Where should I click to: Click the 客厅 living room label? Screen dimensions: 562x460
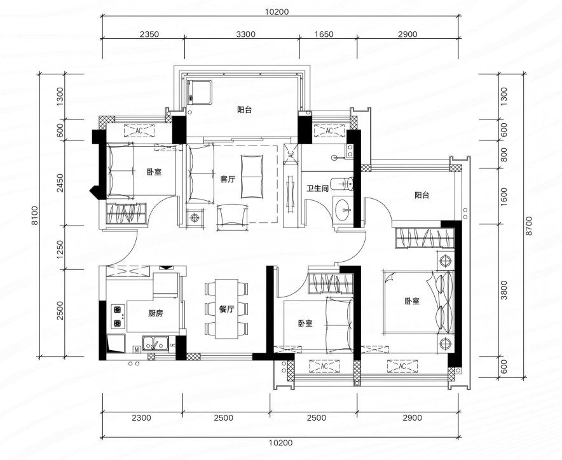tap(228, 179)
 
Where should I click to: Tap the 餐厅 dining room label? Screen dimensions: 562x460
tap(226, 309)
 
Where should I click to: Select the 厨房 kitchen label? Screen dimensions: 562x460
tap(156, 313)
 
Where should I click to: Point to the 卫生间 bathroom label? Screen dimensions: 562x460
tap(318, 188)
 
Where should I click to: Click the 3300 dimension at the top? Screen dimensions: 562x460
tap(246, 34)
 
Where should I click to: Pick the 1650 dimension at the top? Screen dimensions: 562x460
tap(324, 34)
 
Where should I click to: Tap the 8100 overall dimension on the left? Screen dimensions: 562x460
tap(35, 215)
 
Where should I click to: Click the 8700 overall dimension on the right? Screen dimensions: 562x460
tap(530, 226)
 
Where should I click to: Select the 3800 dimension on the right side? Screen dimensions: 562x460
tap(504, 290)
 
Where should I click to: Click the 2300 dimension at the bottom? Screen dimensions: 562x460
tap(141, 417)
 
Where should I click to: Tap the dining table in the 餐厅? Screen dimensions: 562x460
tap(226, 309)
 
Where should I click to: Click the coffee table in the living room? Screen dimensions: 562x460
tap(252, 177)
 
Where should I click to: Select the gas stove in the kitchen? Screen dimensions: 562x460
tap(118, 316)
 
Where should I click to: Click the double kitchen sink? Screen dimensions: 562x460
tap(155, 343)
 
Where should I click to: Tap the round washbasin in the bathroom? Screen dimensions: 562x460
tap(344, 209)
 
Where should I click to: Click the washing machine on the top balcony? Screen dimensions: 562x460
tap(200, 92)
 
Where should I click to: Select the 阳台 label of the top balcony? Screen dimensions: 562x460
tap(244, 110)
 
